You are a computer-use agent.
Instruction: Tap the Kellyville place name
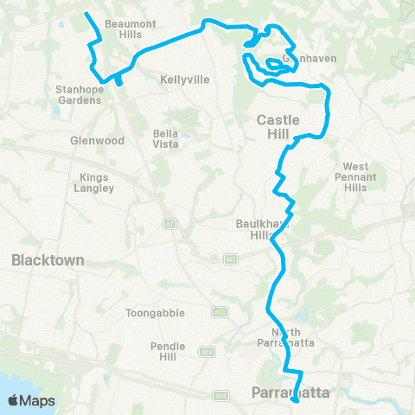pyautogui.click(x=185, y=79)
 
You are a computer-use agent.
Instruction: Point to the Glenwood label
pyautogui.click(x=98, y=140)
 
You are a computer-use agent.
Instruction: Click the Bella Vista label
pyautogui.click(x=165, y=138)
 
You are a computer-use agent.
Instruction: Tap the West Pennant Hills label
pyautogui.click(x=355, y=177)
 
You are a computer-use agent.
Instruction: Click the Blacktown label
pyautogui.click(x=48, y=259)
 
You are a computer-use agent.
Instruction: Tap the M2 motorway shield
pyautogui.click(x=230, y=259)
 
